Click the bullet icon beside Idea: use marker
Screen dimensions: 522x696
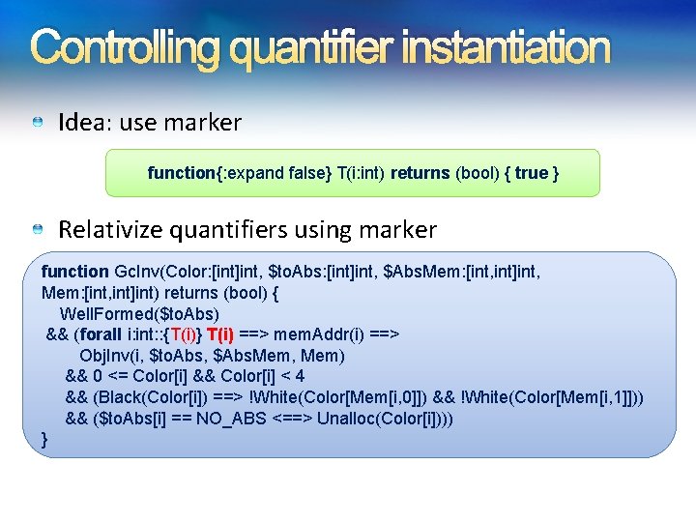pos(37,123)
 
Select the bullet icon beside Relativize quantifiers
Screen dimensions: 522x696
pos(37,230)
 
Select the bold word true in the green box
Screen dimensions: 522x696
pos(532,173)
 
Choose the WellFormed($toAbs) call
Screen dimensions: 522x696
pos(139,314)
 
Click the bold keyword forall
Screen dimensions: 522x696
pos(101,334)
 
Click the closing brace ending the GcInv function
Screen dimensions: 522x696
pos(45,440)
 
